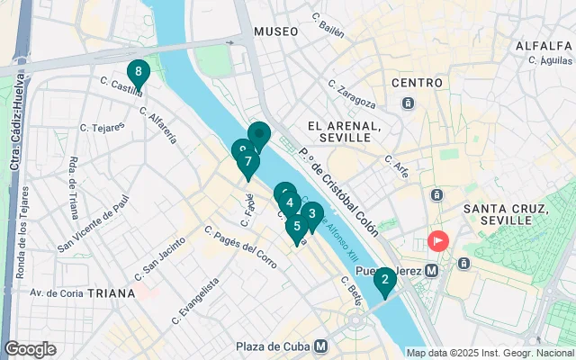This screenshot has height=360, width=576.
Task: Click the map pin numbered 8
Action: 138,71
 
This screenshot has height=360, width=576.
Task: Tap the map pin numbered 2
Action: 384,281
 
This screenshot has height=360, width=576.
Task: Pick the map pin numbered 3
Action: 311,214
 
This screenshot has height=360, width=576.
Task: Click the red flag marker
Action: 438,241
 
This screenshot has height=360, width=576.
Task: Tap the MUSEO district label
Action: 275,31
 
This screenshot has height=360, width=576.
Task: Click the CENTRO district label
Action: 417,83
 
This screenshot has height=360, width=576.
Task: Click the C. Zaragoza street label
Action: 352,94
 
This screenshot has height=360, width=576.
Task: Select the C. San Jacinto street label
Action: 159,260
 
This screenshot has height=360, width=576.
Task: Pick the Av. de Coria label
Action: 57,293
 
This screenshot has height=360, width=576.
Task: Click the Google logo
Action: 30,349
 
